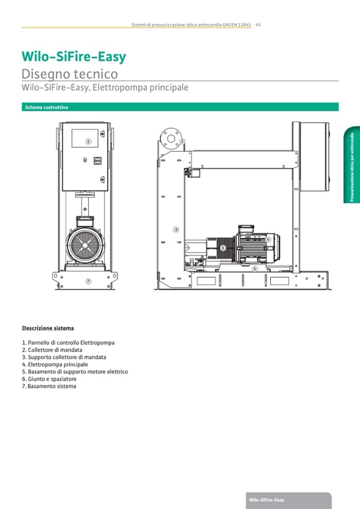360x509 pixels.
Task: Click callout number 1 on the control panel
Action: coord(89,141)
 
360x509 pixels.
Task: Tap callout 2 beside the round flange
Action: coord(182,141)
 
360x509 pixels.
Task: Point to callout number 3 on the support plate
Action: coord(176,229)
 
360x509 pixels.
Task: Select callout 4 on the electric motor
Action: coord(269,240)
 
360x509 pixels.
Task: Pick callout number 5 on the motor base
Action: coord(255,269)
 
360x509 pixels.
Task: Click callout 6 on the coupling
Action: coord(223,247)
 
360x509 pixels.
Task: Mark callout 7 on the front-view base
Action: coord(88,281)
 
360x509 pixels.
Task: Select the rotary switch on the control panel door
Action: coord(97,159)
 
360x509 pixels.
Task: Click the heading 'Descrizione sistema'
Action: coord(48,328)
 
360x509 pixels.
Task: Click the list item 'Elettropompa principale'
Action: coord(55,365)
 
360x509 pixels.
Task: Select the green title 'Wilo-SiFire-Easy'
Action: coord(73,56)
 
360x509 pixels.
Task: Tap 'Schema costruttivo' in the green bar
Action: coord(46,107)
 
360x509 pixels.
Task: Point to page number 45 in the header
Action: coord(258,24)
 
